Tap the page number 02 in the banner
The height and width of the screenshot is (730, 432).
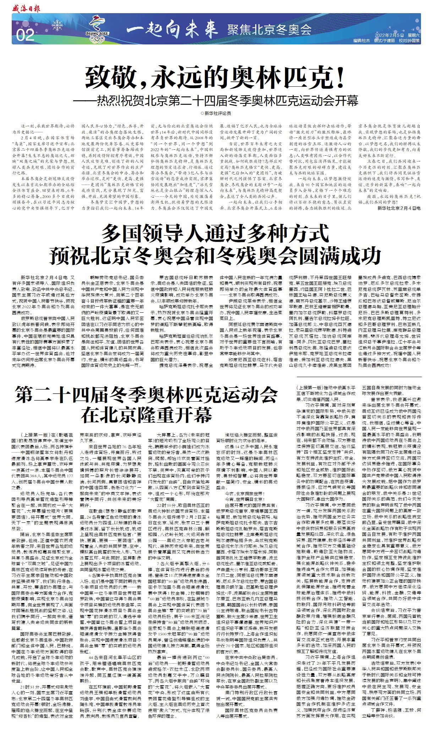click(25, 35)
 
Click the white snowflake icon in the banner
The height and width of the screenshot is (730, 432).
click(57, 26)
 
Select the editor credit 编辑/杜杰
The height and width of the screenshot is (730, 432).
click(361, 41)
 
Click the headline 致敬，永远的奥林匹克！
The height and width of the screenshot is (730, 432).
click(215, 77)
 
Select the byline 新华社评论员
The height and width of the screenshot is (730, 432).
click(218, 113)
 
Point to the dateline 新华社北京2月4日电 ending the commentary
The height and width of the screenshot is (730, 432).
click(399, 208)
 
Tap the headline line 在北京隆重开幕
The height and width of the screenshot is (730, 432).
click(146, 414)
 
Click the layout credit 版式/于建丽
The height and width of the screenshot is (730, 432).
click(384, 41)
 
